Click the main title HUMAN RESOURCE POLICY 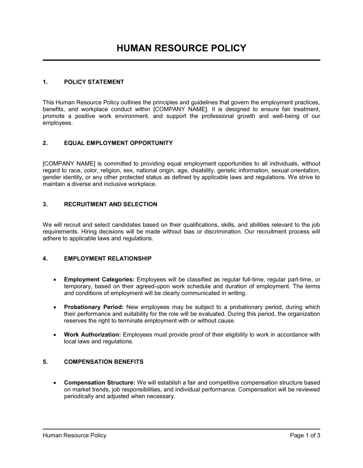(x=181, y=48)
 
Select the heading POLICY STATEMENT (x=94, y=82)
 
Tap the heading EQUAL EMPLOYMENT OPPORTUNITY (x=118, y=143)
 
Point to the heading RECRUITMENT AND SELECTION (x=110, y=204)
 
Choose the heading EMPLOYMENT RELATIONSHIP (x=108, y=259)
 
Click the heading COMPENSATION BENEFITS (x=103, y=362)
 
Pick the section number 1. (x=45, y=82)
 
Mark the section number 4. (x=45, y=259)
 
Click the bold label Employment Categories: (x=99, y=279)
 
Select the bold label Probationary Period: (x=94, y=307)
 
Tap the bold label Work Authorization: (x=92, y=334)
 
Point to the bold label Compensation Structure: (x=99, y=383)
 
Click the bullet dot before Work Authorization (x=54, y=335)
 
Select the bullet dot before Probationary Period (x=54, y=307)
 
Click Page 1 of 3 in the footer (x=305, y=435)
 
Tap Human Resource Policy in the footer (x=74, y=435)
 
